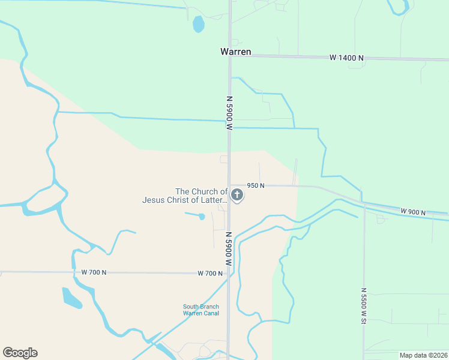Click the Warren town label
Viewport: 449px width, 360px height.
click(x=235, y=52)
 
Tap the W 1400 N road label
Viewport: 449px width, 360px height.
click(x=346, y=58)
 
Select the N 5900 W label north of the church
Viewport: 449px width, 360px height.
click(x=229, y=113)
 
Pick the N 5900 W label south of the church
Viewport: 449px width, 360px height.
click(x=229, y=248)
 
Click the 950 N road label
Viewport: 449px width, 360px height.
click(x=256, y=186)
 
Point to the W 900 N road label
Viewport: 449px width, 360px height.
click(x=413, y=212)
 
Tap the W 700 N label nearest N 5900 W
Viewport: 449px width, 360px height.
click(x=210, y=274)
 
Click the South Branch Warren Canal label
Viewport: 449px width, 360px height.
click(x=201, y=310)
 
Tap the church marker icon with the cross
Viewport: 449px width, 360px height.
click(x=237, y=194)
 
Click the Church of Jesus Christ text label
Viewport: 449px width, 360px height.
click(x=185, y=196)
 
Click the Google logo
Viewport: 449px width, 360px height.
click(x=20, y=353)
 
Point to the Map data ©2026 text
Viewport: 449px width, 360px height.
click(x=423, y=355)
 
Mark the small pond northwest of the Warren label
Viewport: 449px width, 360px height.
click(x=198, y=25)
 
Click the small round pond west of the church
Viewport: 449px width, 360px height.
click(x=202, y=217)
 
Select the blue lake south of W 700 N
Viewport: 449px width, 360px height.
click(x=71, y=298)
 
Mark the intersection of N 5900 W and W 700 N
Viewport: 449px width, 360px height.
click(x=229, y=274)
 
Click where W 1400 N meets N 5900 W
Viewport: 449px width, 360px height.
click(x=229, y=55)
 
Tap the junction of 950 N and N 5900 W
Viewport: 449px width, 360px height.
click(x=229, y=185)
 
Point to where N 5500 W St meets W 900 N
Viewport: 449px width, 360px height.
click(x=364, y=206)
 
